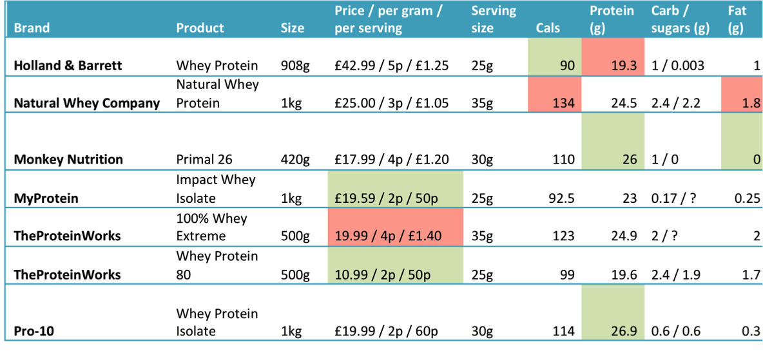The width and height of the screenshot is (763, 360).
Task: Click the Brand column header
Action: click(32, 28)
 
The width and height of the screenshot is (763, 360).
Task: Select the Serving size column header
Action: click(493, 19)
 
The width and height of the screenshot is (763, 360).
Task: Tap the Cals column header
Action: click(548, 28)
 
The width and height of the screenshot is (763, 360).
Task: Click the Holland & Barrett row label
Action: click(68, 66)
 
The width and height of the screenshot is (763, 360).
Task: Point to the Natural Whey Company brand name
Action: click(87, 103)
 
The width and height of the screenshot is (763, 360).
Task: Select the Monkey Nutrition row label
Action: click(68, 160)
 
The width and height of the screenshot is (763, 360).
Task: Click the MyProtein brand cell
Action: click(46, 198)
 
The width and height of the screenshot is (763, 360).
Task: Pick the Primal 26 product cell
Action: click(204, 160)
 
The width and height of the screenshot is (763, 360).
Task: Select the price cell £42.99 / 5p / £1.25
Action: click(391, 66)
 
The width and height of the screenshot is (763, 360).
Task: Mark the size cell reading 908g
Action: click(295, 66)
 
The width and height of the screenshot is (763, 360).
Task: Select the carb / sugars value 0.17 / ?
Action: click(673, 198)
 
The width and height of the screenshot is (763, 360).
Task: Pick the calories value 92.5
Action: click(561, 198)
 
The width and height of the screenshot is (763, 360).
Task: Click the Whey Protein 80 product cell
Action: click(217, 265)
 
